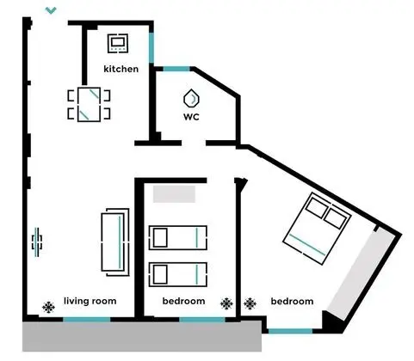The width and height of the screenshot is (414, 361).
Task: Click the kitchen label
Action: pyautogui.click(x=120, y=69)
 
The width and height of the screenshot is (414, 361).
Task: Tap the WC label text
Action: pyautogui.click(x=191, y=117)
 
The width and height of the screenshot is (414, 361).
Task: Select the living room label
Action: pyautogui.click(x=90, y=301)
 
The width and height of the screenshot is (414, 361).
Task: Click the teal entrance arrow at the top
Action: pyautogui.click(x=51, y=10)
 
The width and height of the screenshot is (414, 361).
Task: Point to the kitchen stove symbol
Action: pyautogui.click(x=118, y=43)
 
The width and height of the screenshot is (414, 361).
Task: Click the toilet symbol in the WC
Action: pyautogui.click(x=191, y=99)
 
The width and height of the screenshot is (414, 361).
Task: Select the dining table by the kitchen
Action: pyautogui.click(x=89, y=105)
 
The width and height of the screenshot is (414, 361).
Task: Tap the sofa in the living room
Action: pyautogui.click(x=115, y=242)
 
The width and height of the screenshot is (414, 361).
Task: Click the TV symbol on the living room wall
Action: pyautogui.click(x=37, y=242)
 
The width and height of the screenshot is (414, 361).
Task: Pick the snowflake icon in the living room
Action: pyautogui.click(x=48, y=307)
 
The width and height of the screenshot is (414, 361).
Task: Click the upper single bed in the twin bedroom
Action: pyautogui.click(x=178, y=237)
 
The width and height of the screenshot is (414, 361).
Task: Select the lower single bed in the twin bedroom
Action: pyautogui.click(x=178, y=274)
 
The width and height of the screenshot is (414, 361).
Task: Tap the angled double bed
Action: pyautogui.click(x=317, y=229)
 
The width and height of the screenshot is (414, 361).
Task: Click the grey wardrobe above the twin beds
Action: pyautogui.click(x=174, y=194)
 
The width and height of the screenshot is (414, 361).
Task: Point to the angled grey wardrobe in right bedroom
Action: pyautogui.click(x=357, y=273)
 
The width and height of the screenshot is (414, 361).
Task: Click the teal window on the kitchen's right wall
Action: pyautogui.click(x=151, y=47)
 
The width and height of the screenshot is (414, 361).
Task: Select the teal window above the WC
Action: pyautogui.click(x=176, y=69)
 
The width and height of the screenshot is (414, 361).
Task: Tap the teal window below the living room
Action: pyautogui.click(x=87, y=320)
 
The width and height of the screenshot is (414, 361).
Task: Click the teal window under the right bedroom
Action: pyautogui.click(x=290, y=331)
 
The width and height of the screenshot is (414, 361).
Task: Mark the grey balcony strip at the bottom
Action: pyautogui.click(x=142, y=336)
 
